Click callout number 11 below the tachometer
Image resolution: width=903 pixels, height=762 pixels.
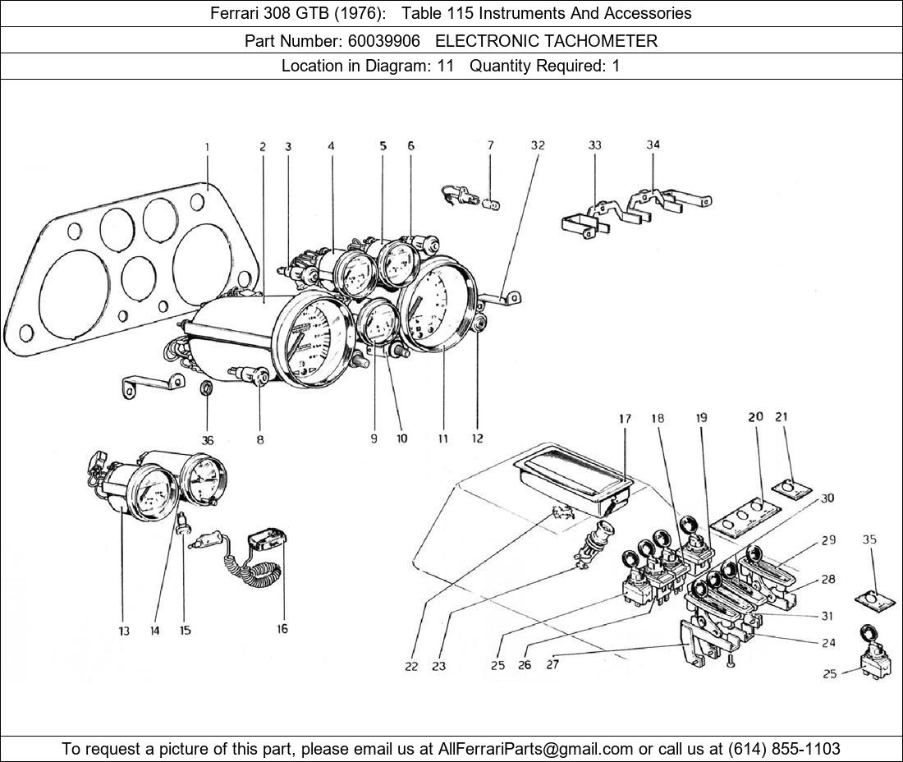[x=442, y=438]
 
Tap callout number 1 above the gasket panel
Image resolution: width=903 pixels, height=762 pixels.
[x=207, y=147]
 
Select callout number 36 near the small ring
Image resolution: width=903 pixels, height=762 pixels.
[x=208, y=440]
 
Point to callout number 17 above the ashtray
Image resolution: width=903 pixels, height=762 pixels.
[x=625, y=419]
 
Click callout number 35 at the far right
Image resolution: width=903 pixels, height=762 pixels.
[x=869, y=539]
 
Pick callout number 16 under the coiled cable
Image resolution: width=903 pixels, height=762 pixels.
[x=282, y=630]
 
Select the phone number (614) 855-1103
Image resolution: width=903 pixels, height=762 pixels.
[x=784, y=748]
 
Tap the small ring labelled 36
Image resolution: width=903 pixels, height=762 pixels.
[x=209, y=388]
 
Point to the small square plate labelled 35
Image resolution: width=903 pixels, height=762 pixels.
[x=873, y=599]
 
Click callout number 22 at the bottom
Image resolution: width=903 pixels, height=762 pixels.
[x=411, y=666]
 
